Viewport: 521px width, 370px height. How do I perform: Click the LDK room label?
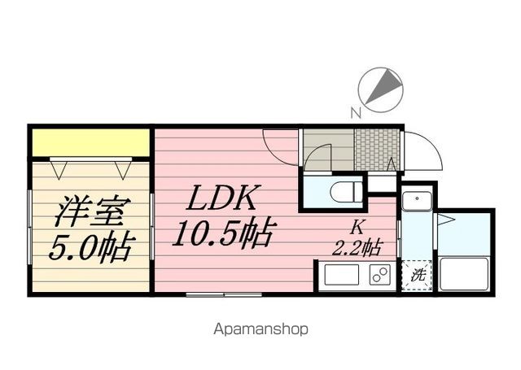221,198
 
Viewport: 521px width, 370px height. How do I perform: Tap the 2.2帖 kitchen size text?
357,247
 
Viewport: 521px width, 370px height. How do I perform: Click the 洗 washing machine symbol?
417,276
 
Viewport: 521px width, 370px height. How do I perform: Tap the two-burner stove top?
380,274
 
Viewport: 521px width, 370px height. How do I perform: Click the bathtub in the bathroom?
463,274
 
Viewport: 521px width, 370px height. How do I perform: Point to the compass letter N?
356,113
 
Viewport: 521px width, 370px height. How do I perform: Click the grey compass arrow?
383,87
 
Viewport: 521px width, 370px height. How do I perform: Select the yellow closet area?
90,142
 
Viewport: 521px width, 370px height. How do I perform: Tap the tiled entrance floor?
377,150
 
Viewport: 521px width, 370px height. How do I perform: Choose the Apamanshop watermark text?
260,329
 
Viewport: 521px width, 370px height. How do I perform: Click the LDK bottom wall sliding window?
224,294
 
